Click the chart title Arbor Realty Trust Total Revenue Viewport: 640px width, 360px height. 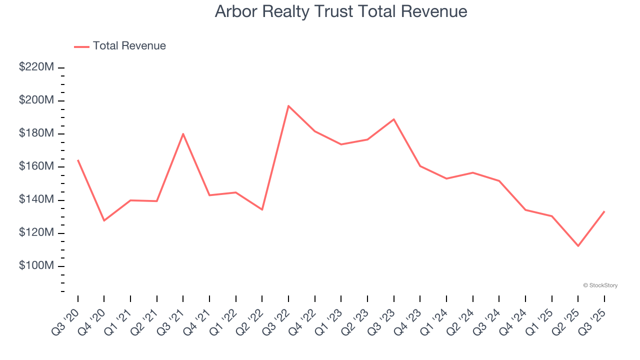341,11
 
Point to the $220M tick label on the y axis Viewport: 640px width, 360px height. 36,67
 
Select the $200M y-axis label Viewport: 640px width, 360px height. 36,100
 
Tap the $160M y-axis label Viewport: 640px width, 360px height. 36,166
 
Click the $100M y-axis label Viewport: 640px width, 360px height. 36,266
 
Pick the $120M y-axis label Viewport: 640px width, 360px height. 36,233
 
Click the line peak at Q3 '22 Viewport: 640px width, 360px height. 288,106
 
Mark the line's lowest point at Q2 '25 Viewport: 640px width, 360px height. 578,246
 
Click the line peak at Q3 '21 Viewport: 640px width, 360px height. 183,133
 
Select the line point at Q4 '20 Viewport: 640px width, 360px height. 104,220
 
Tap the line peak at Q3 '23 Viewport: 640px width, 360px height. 394,119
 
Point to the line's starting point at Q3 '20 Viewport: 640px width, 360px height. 78,160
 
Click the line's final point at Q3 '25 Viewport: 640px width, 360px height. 604,211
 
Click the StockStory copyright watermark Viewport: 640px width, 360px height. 600,285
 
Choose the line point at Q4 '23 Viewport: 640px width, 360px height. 420,166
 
